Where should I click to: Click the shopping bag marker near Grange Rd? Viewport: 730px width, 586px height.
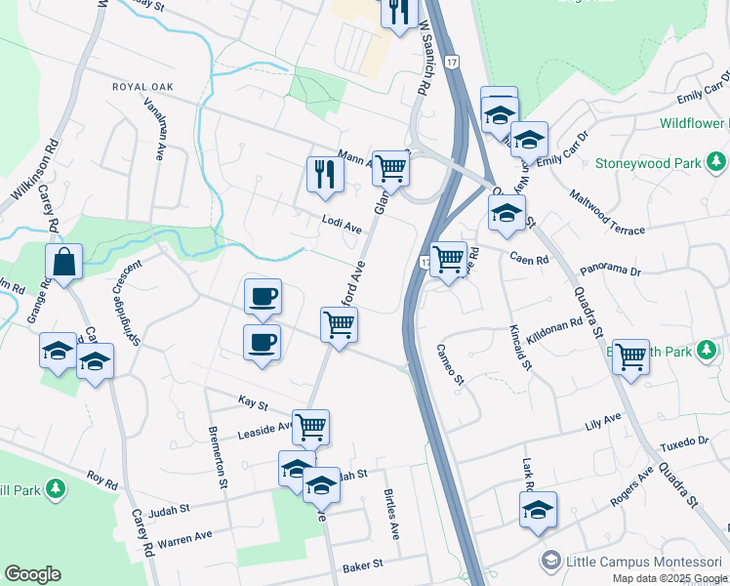(63, 262)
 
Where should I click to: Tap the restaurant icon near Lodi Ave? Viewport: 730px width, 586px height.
(325, 175)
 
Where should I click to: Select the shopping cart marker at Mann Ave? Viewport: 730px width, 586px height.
(390, 167)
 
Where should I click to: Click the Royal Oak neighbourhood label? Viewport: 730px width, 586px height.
(142, 87)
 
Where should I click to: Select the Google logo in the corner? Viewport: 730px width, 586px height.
(32, 574)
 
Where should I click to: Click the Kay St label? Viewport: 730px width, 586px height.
(253, 400)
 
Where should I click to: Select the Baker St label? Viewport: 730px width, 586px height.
(363, 565)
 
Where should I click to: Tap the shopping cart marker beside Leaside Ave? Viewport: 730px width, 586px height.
(310, 426)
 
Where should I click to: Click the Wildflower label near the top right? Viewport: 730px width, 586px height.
(694, 124)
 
